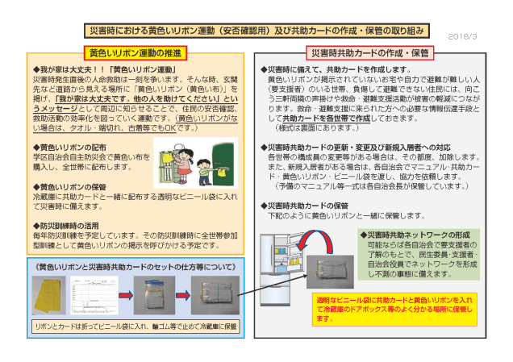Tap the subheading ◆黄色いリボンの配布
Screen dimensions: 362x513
pos(73,147)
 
